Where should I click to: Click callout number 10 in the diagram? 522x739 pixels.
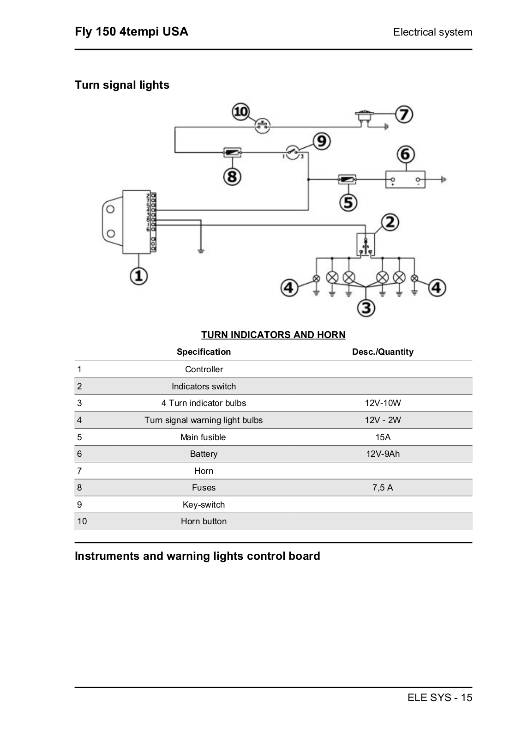[241, 111]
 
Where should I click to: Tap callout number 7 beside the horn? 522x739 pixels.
[404, 114]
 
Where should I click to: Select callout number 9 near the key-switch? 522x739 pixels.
[322, 141]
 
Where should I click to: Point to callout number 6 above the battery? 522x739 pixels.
[405, 154]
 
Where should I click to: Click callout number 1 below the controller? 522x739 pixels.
[138, 276]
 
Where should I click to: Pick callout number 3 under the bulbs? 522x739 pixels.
[366, 308]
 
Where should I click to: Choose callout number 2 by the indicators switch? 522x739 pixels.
[390, 222]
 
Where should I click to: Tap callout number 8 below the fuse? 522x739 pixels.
[232, 176]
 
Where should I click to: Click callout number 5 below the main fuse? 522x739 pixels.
[348, 202]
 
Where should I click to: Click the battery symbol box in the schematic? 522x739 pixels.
[405, 180]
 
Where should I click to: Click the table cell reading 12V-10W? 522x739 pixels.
[383, 403]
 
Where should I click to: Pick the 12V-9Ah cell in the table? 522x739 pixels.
[383, 454]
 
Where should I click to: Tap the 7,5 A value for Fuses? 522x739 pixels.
[383, 487]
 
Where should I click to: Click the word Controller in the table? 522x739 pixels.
[204, 369]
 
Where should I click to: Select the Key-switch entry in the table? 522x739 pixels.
[204, 504]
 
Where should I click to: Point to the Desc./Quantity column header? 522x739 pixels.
[383, 351]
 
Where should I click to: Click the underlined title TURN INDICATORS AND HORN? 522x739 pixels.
[273, 334]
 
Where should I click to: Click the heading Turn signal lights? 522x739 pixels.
[122, 85]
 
